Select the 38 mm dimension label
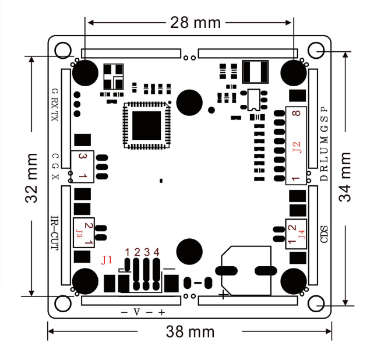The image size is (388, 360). click(190, 332)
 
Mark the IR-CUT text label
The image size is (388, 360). click(54, 233)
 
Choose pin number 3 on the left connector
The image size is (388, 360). click(82, 157)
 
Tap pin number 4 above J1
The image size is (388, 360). click(156, 252)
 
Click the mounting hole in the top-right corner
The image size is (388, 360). click(316, 51)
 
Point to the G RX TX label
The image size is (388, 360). click(55, 104)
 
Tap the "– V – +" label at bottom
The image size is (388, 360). click(143, 312)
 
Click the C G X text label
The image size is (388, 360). click(55, 167)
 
